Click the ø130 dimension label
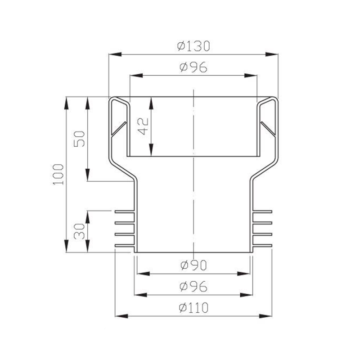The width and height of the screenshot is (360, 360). [194, 46]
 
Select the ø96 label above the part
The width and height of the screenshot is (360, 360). [193, 67]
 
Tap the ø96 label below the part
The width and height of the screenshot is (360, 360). [193, 286]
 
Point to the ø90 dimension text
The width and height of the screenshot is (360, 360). [193, 265]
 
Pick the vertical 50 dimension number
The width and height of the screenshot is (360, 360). [79, 139]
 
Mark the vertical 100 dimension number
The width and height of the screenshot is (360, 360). [58, 175]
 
